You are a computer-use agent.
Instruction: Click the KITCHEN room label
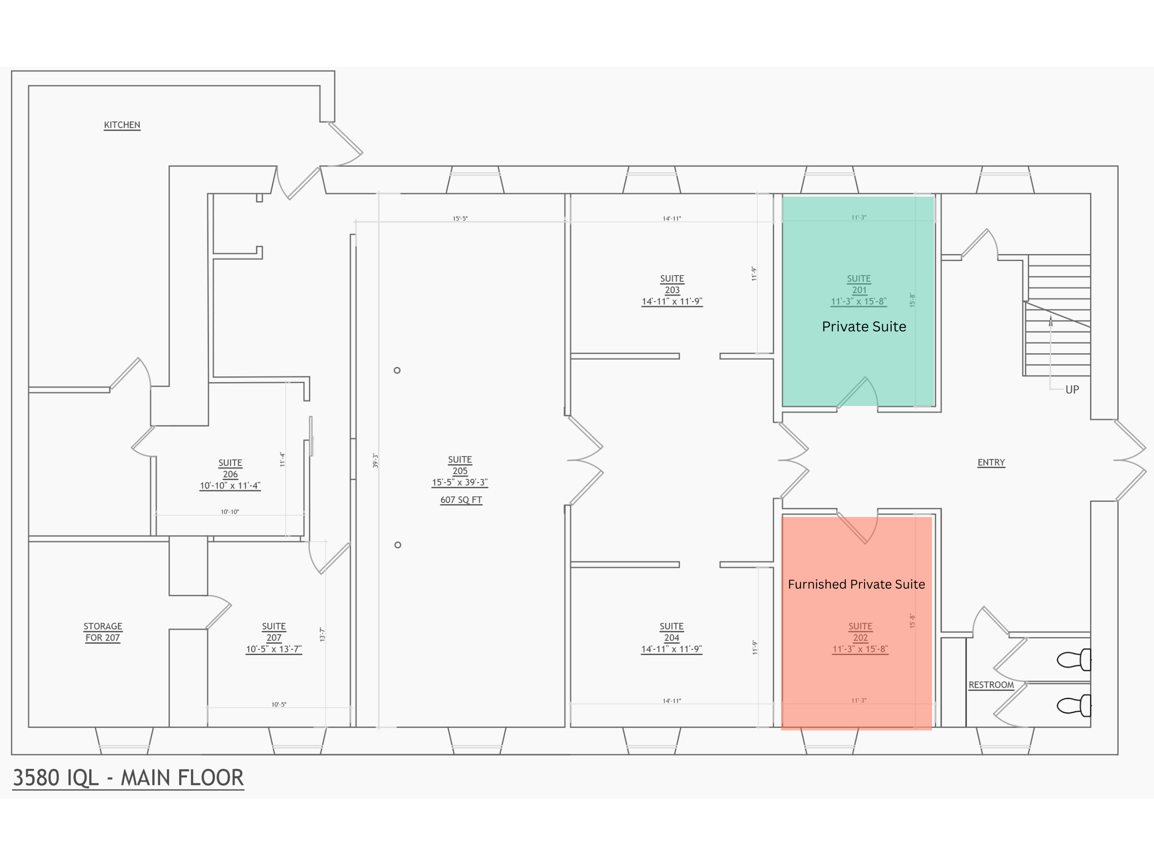(x=122, y=125)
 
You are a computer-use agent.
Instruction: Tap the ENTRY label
(x=991, y=462)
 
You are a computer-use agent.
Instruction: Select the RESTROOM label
(x=991, y=685)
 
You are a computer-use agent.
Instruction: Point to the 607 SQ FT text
(x=461, y=500)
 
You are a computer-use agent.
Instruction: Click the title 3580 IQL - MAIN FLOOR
(x=128, y=778)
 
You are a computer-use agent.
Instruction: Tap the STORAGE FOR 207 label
(x=103, y=632)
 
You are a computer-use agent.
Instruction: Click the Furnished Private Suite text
(x=856, y=585)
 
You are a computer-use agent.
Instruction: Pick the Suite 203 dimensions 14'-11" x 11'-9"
(x=672, y=301)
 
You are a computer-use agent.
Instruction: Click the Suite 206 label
(x=230, y=469)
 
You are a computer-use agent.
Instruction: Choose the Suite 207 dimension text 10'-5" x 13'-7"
(x=274, y=649)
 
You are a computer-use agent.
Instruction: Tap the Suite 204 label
(x=672, y=632)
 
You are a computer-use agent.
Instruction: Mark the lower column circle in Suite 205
(x=397, y=545)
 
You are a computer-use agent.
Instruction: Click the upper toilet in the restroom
(x=1074, y=660)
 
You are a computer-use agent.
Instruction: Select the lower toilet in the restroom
(x=1074, y=706)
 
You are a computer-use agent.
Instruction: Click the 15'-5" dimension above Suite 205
(x=460, y=219)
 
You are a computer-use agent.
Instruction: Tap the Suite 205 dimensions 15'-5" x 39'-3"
(x=460, y=482)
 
